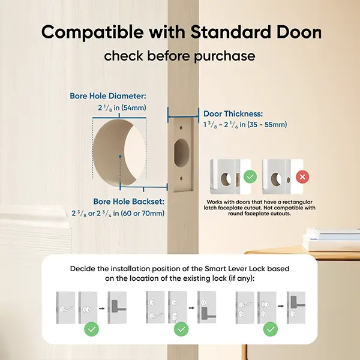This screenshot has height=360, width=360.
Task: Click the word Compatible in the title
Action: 92,32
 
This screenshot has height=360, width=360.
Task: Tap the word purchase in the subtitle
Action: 224,56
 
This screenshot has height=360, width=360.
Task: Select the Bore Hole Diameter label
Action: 107,96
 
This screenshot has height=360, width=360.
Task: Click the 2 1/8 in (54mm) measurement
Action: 122,107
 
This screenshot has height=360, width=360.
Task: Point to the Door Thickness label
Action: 233,113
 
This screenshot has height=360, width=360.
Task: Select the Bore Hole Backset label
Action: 129,202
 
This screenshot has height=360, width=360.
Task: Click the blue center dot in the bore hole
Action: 120,157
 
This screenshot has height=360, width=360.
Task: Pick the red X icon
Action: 302,177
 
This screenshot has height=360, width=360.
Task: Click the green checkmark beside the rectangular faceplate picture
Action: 250,176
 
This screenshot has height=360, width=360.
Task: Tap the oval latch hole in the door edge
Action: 182,153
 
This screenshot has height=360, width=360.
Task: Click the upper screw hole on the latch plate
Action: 181,127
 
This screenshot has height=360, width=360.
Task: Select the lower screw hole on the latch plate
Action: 181,178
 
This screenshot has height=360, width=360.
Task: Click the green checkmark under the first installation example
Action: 91,329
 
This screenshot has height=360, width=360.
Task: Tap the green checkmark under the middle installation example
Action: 181,329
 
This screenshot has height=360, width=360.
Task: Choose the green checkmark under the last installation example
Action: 271,329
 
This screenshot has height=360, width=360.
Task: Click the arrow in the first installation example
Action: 102,308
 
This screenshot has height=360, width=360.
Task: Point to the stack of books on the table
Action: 332,239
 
